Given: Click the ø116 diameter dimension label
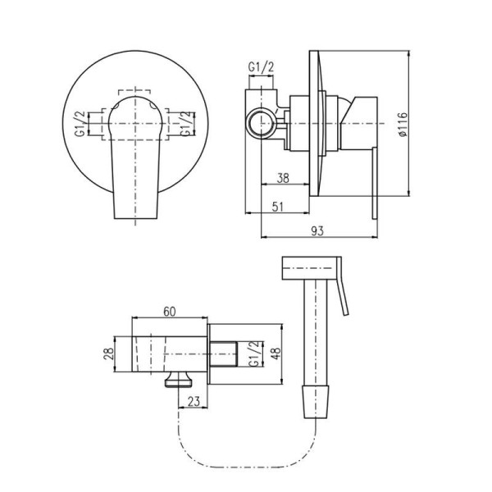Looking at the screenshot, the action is [x=403, y=125].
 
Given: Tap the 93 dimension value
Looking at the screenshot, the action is [x=317, y=231].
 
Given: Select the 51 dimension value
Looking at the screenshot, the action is [x=277, y=207].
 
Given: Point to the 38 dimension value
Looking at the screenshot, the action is [x=283, y=178].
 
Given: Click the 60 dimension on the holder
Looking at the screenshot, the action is [x=170, y=312].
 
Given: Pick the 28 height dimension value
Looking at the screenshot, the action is [x=108, y=354].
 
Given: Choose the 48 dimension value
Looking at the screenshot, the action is [x=276, y=354].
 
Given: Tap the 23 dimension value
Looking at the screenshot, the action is [x=194, y=401].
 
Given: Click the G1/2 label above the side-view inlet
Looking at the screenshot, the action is [x=261, y=67].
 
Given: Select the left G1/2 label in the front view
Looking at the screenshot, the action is [x=80, y=124].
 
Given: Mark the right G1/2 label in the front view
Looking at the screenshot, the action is [x=186, y=124].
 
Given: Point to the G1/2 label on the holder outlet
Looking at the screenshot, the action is [x=254, y=354].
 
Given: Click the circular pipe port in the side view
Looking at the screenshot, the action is [x=261, y=123].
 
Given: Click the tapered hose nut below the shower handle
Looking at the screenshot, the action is [x=317, y=402].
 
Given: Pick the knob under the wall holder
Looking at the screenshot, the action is [x=179, y=380].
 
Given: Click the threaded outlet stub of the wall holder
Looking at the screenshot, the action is [x=223, y=354].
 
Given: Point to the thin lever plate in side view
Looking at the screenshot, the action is [x=375, y=183].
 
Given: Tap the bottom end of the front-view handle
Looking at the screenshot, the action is [x=135, y=218].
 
